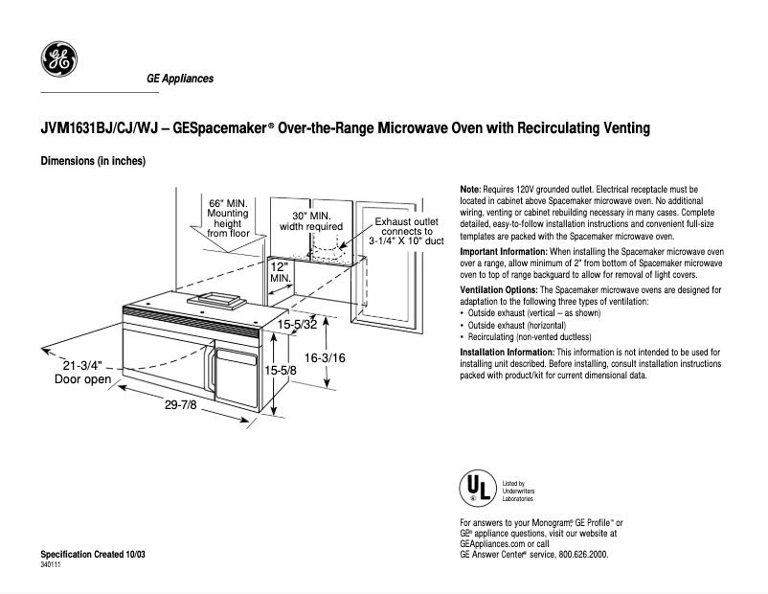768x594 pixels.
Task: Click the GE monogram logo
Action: [58, 60]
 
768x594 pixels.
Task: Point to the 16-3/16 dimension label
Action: [325, 356]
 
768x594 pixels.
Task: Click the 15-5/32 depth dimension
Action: [298, 325]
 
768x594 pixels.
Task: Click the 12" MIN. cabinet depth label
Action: [280, 271]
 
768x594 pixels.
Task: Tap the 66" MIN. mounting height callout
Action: [228, 217]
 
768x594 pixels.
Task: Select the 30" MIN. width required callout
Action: [311, 221]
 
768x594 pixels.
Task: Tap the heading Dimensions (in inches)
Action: [92, 161]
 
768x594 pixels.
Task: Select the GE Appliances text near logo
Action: [179, 79]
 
